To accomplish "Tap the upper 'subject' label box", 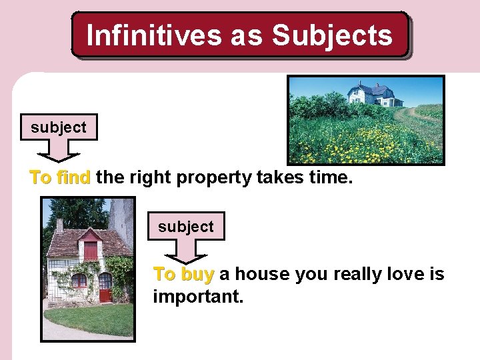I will click(x=58, y=127).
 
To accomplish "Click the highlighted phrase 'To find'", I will click(x=60, y=177).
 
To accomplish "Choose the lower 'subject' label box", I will click(x=186, y=227).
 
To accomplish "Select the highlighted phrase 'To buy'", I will click(x=183, y=275).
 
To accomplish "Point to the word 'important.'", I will click(x=198, y=296).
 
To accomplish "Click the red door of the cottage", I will click(x=105, y=287).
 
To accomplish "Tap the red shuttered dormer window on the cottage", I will click(x=90, y=251).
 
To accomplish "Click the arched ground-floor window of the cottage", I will click(x=79, y=280).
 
